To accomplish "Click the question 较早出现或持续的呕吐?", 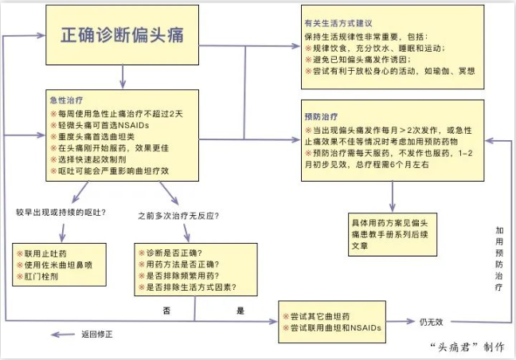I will click(62, 213).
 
